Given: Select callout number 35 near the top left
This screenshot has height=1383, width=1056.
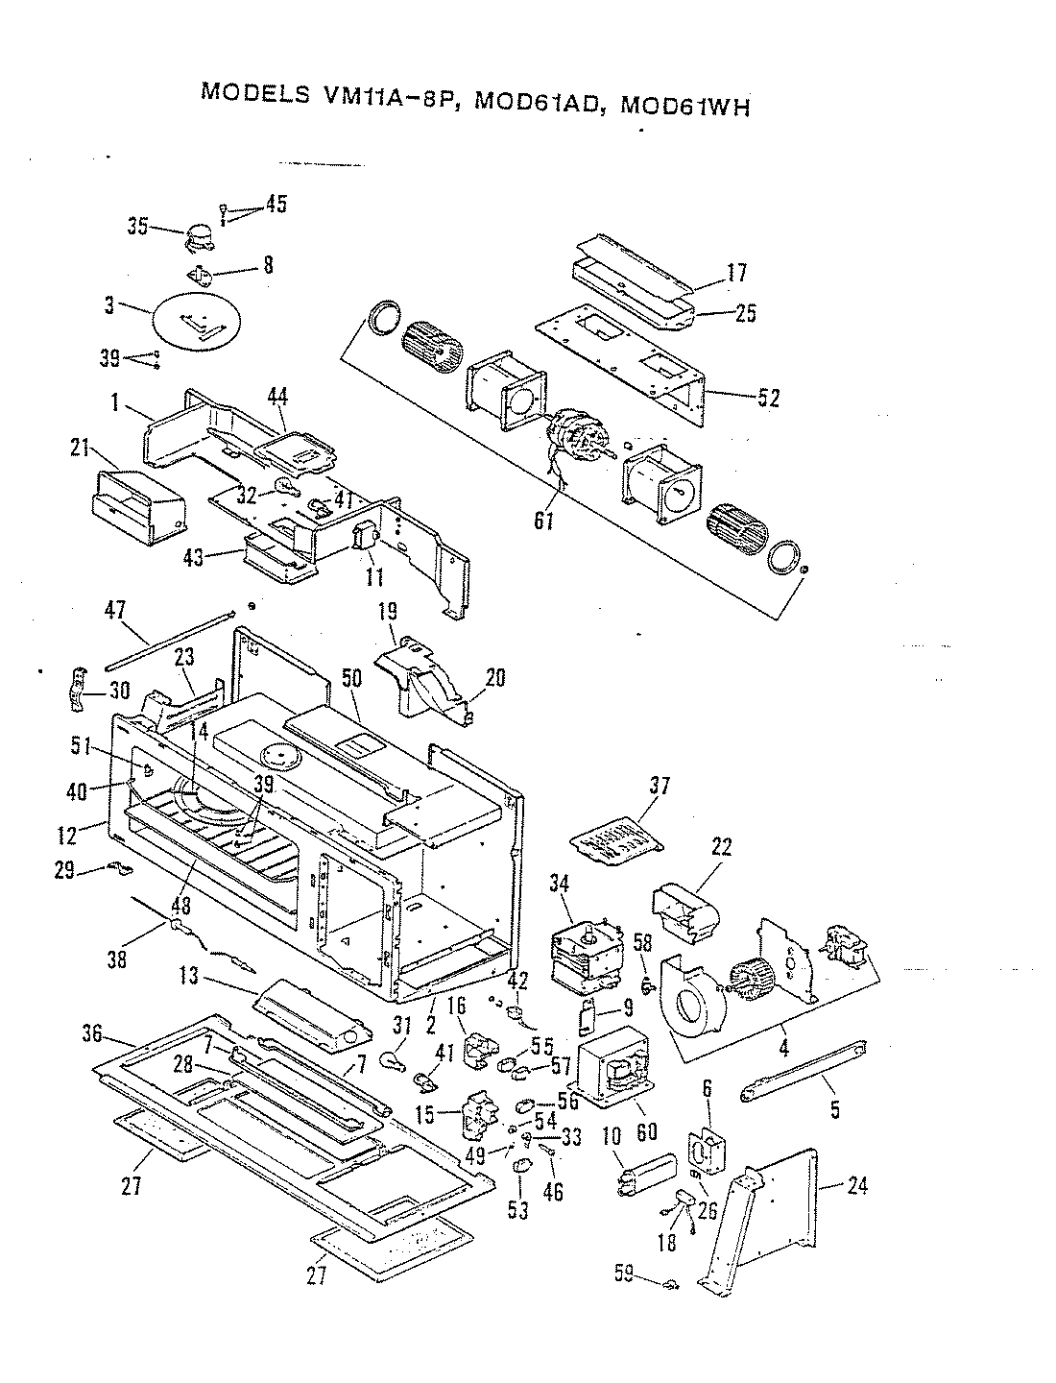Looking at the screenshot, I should click(x=138, y=227).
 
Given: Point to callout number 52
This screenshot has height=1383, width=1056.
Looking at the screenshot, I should click(x=768, y=397).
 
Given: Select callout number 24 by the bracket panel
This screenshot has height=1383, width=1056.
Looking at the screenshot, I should click(x=856, y=1186).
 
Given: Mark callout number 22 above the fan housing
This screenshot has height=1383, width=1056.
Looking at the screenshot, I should click(x=722, y=847).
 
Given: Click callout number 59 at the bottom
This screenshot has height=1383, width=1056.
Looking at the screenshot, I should click(x=624, y=1275).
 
